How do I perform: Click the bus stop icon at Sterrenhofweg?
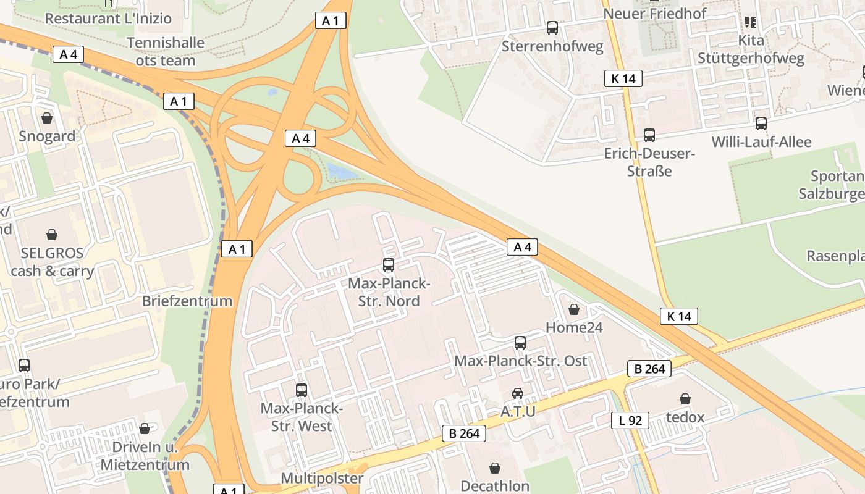tap(552, 28)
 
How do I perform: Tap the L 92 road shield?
tap(630, 421)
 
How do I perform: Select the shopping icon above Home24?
tap(574, 309)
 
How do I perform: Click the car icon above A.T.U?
tap(518, 393)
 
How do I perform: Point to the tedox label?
tap(685, 417)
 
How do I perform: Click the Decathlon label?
tap(495, 485)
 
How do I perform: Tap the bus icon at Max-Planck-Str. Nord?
tap(389, 265)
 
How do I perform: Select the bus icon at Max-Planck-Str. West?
tap(302, 390)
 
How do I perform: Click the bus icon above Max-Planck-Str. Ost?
tap(520, 343)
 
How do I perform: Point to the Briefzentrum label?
tap(187, 301)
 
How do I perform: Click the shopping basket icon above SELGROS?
tap(52, 235)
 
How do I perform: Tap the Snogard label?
tap(47, 136)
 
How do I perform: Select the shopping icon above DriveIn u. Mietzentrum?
tap(145, 429)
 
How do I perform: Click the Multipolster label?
tap(322, 478)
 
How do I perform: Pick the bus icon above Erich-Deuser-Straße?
tap(649, 135)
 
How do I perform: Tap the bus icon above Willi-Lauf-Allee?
tap(761, 124)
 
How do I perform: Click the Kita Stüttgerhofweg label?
tap(751, 49)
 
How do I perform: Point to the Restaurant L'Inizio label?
tap(108, 19)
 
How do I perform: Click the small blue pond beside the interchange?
tap(342, 170)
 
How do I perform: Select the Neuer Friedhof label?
tap(654, 13)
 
